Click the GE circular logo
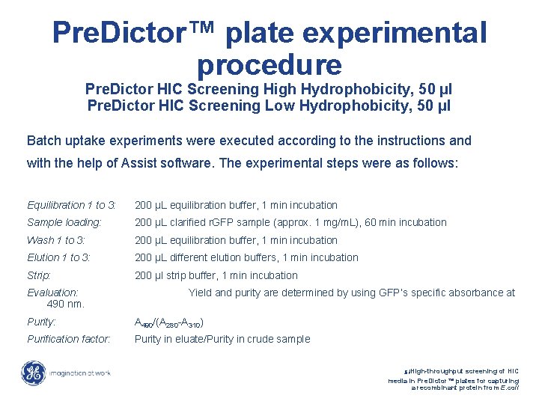(33, 373)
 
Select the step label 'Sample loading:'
(64, 222)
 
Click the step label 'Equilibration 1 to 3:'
(72, 205)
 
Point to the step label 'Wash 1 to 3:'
(56, 240)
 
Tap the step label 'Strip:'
(39, 275)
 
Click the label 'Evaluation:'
(52, 293)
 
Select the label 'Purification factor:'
(69, 339)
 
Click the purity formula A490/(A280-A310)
(169, 323)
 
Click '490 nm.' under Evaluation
(66, 304)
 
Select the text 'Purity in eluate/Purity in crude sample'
(222, 339)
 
